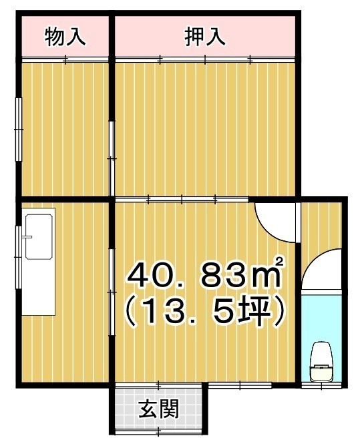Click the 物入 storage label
click(65, 37)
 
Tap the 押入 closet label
click(205, 37)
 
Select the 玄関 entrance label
click(159, 409)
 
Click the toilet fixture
click(321, 362)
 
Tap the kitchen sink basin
click(39, 236)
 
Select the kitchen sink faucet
click(28, 237)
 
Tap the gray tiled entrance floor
click(159, 409)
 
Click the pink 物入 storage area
click(65, 36)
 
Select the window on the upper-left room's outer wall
click(19, 130)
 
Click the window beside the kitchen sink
click(19, 257)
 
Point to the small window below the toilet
click(321, 385)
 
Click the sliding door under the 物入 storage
click(65, 59)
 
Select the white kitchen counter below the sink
click(39, 288)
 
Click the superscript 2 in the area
click(279, 261)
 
